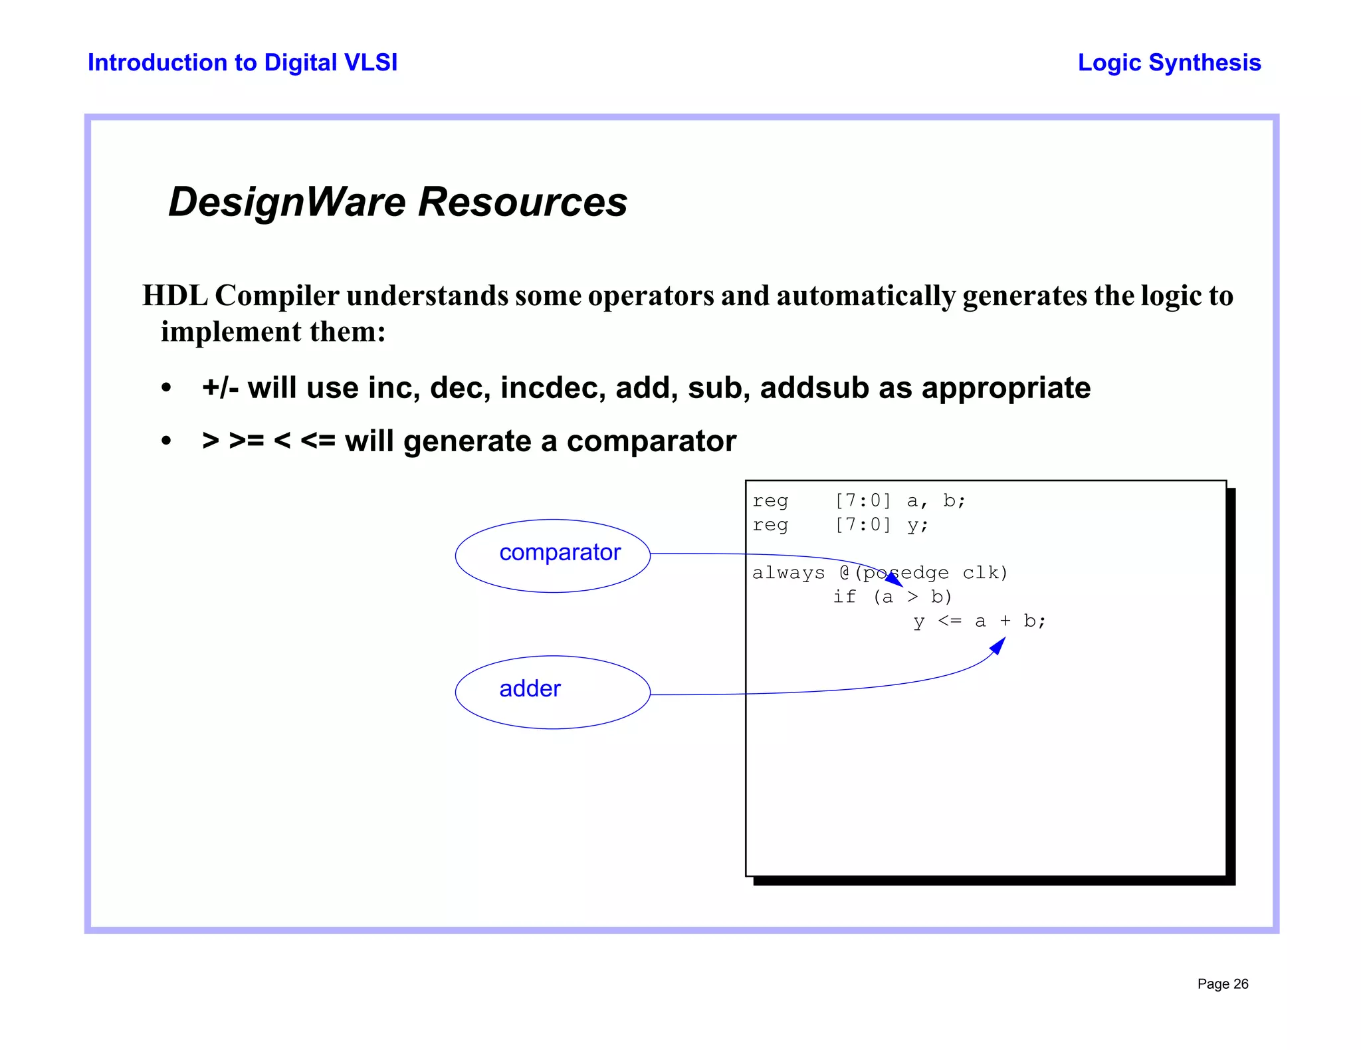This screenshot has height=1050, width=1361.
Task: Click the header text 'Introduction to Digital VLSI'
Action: [x=243, y=62]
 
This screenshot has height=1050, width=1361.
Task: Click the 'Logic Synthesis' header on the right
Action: [x=1169, y=62]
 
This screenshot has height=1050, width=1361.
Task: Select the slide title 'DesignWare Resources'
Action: [x=397, y=201]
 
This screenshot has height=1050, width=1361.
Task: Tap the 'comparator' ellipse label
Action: [x=560, y=552]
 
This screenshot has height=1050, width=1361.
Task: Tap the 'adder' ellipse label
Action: [x=530, y=688]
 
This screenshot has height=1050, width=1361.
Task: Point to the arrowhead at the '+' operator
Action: [x=999, y=645]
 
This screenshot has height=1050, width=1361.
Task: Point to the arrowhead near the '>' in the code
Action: [x=894, y=580]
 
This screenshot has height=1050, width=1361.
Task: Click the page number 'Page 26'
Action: [x=1223, y=984]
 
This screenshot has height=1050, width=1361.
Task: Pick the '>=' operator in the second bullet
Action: [x=247, y=441]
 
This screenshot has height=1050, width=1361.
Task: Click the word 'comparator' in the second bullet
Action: [x=651, y=441]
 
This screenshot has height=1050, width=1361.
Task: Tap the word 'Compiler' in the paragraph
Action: [x=277, y=296]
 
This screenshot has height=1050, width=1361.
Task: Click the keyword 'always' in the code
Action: [x=788, y=573]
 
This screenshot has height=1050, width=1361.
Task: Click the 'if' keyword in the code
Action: [x=845, y=597]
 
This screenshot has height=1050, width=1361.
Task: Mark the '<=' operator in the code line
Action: [x=950, y=621]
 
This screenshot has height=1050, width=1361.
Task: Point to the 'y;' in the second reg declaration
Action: [x=917, y=526]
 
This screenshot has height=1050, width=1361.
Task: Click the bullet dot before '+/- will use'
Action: [x=166, y=388]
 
